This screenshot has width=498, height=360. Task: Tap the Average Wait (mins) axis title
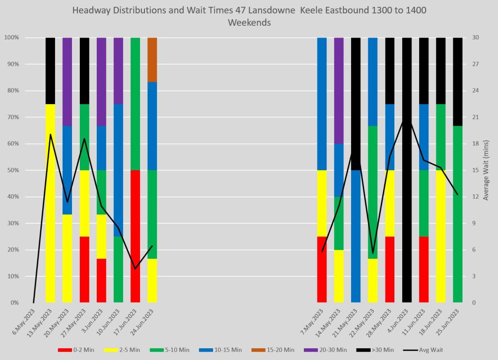click(487, 170)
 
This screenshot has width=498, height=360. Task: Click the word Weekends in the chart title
click(249, 22)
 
